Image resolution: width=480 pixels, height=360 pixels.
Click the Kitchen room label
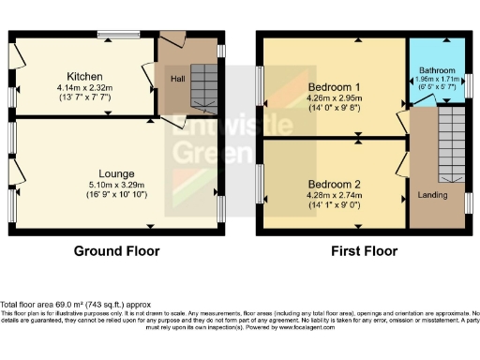tap(83, 76)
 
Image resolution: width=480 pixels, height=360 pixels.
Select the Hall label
tap(176, 79)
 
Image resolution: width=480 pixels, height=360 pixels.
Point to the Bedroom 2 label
tap(334, 184)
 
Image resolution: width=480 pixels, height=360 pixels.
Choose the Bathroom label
tap(436, 70)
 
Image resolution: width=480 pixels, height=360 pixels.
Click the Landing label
tap(431, 195)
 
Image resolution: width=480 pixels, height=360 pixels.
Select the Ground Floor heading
tap(117, 251)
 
